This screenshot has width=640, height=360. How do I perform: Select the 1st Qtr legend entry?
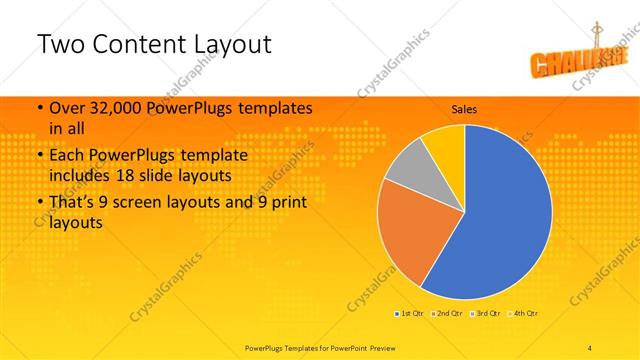pyautogui.click(x=410, y=314)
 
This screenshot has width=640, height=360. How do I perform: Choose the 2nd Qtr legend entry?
pyautogui.click(x=445, y=314)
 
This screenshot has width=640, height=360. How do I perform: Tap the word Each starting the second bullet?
pyautogui.click(x=66, y=156)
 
